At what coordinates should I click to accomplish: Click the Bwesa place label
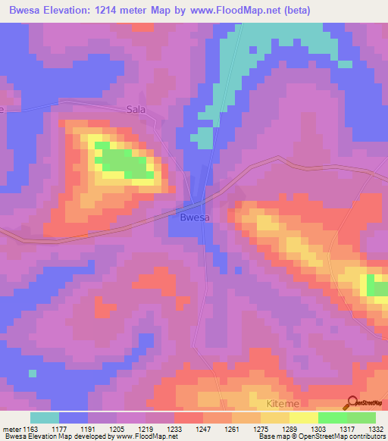click(x=194, y=217)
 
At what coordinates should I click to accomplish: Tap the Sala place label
click(x=136, y=110)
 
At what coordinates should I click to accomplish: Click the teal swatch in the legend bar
click(x=45, y=418)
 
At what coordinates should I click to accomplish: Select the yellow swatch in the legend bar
click(x=304, y=418)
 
